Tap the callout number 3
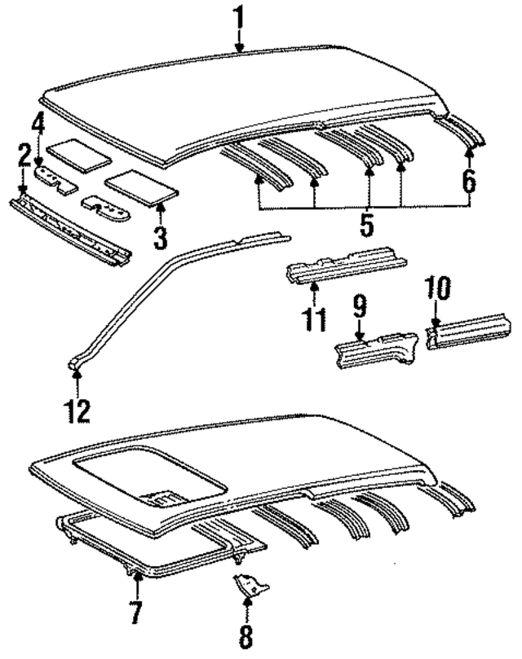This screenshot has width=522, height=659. (160, 237)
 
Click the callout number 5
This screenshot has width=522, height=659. (367, 223)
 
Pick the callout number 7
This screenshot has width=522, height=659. (135, 611)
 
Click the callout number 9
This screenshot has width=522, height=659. (359, 309)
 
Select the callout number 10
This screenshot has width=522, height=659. (437, 289)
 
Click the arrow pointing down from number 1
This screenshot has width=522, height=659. (239, 41)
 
